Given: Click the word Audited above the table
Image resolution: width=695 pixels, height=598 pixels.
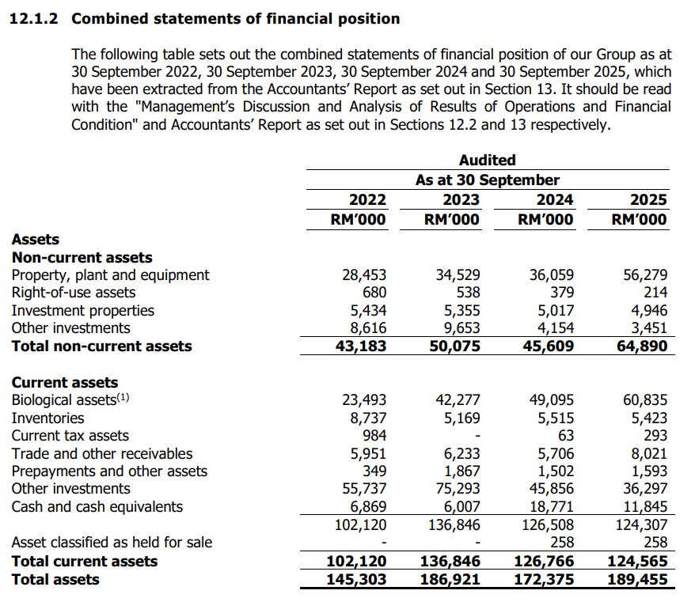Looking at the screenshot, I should coord(487,161).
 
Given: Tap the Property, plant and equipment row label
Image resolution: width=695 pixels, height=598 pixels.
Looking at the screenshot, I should coord(110,275).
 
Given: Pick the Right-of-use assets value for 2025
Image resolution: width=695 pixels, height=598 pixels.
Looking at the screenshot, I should coord(655,293).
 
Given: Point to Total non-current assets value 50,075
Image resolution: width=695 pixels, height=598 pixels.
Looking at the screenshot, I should coord(452,346).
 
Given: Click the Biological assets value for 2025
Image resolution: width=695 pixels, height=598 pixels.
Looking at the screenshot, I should coord(644,400).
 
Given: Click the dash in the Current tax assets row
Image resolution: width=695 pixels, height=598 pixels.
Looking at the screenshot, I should coord(477,436).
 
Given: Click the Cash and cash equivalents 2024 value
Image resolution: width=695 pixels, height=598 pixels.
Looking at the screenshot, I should coord(551,507).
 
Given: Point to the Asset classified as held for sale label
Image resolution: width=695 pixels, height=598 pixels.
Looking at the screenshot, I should coord(112,543).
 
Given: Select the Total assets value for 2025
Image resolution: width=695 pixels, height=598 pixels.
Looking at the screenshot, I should coord(639,580).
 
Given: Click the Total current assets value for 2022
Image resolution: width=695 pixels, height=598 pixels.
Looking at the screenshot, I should coord(357,562).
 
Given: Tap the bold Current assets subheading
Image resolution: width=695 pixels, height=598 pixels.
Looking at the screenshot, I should coord(64,383).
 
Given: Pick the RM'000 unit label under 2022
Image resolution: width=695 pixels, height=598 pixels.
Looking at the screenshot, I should coord(358,220).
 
